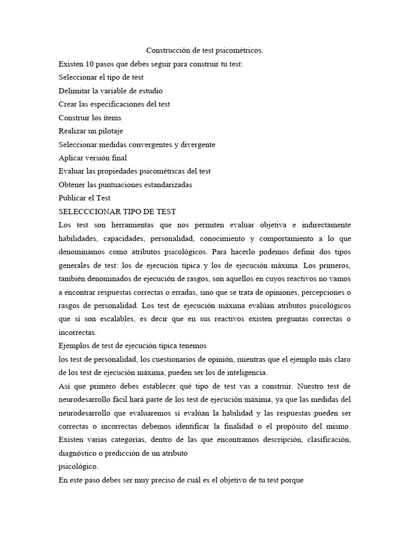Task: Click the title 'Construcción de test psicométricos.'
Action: click(205, 51)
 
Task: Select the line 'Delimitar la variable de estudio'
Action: click(111, 91)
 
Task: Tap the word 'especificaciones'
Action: click(125, 104)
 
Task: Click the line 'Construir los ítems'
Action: click(90, 117)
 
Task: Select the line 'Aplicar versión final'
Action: click(92, 157)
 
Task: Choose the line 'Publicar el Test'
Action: click(84, 198)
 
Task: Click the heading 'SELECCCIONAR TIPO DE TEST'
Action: click(117, 211)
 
